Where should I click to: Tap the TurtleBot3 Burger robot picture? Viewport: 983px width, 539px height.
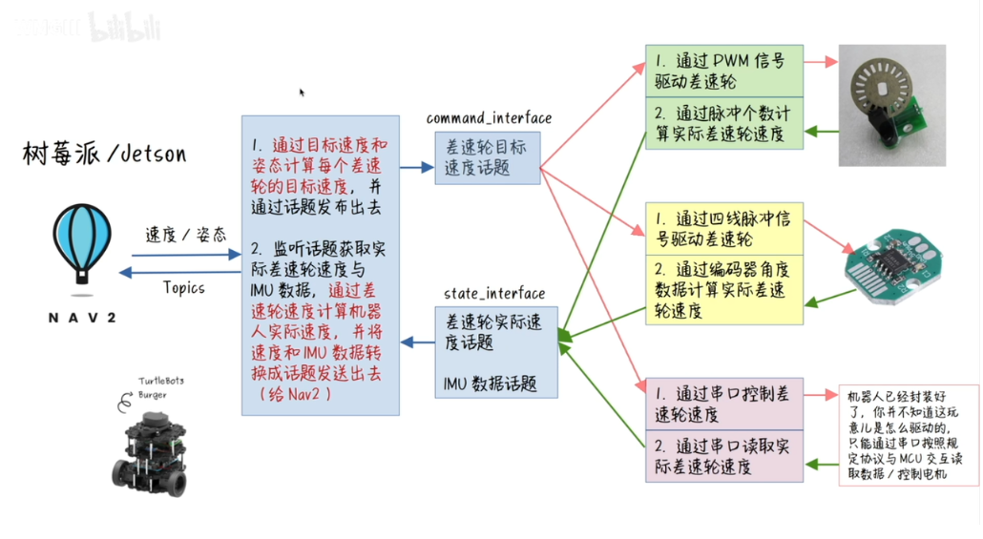click(x=153, y=449)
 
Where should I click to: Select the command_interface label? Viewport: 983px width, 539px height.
click(x=489, y=118)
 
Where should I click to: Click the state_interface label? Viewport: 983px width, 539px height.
click(x=494, y=293)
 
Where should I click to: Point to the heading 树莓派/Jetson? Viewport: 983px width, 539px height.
click(x=105, y=154)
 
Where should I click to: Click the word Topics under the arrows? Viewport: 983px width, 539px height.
click(x=183, y=286)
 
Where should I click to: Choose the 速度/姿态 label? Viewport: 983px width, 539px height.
click(x=186, y=235)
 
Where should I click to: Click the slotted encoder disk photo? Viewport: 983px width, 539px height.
click(x=891, y=105)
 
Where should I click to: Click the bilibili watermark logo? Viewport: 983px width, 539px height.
click(x=124, y=28)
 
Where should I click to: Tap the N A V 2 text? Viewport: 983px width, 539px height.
click(x=82, y=317)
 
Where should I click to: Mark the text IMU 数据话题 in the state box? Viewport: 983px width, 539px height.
click(x=490, y=384)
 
